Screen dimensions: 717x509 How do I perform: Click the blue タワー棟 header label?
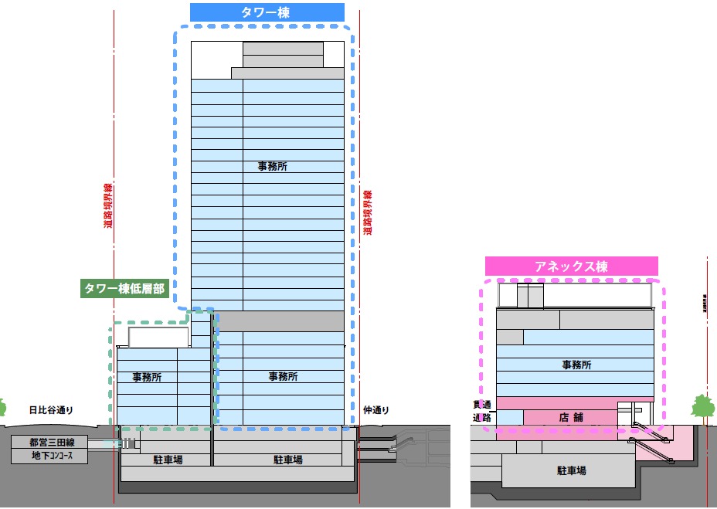click(x=267, y=12)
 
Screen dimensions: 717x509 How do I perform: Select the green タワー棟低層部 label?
click(x=125, y=288)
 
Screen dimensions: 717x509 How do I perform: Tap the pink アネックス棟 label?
click(x=571, y=266)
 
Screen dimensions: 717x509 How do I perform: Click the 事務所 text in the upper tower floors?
click(x=274, y=166)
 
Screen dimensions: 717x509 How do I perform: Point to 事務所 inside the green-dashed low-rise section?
click(x=147, y=377)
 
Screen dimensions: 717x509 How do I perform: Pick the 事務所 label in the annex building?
click(x=576, y=365)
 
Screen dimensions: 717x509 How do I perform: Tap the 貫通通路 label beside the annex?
click(x=482, y=411)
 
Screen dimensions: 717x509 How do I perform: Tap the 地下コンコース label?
click(x=49, y=456)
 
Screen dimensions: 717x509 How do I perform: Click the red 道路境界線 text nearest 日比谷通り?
click(x=109, y=206)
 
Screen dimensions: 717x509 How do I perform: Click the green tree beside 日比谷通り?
click(x=2, y=407)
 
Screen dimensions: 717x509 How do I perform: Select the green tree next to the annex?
click(x=702, y=407)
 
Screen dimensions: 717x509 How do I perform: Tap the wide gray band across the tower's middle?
click(x=278, y=321)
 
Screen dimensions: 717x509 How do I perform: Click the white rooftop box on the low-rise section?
click(x=158, y=337)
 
